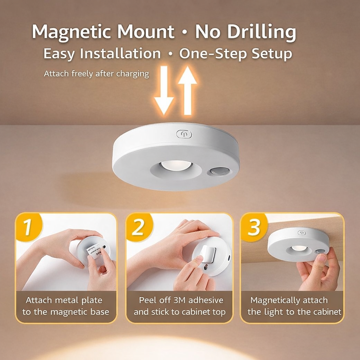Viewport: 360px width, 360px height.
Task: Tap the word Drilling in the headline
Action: (x=262, y=32)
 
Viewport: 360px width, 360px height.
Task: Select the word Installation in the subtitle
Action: (x=120, y=53)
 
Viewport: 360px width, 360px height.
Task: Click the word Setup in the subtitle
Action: (x=272, y=54)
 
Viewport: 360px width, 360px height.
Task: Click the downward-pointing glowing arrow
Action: (x=164, y=90)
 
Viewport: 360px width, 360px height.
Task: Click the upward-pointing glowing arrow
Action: (x=188, y=90)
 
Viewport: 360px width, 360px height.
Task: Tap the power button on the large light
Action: (x=184, y=134)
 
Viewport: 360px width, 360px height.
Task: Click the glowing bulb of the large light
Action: (x=176, y=165)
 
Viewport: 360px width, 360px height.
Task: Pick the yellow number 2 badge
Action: (x=139, y=226)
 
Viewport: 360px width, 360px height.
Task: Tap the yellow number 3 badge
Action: (x=254, y=226)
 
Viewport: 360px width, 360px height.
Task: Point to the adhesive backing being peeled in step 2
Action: (x=208, y=254)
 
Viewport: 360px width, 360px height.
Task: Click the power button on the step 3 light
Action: (x=302, y=233)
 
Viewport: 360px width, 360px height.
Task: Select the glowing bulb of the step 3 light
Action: (x=299, y=248)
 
